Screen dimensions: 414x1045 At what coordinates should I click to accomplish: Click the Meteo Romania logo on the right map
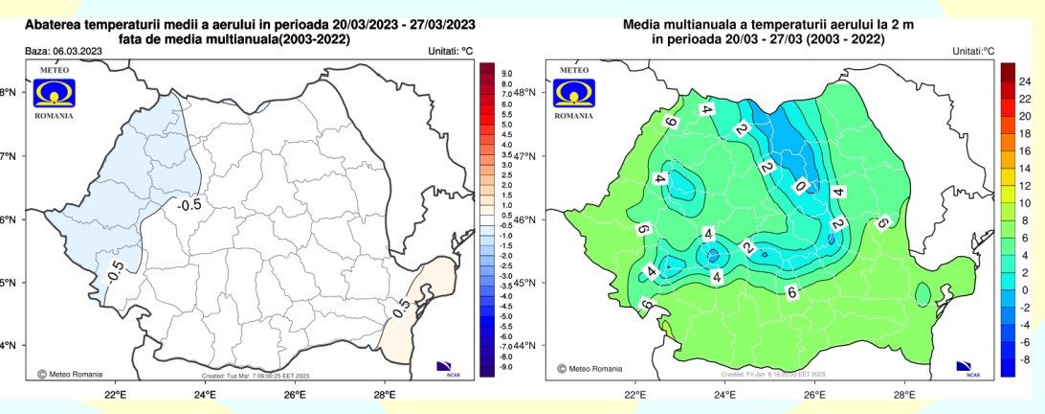pos(575,92)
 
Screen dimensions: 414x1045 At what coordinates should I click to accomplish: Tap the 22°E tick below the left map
pos(116,395)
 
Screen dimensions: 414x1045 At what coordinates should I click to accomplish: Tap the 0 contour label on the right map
pos(800,186)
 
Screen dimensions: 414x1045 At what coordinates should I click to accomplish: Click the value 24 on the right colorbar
pos(1024,82)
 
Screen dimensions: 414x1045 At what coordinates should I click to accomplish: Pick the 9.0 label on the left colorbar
pos(508,73)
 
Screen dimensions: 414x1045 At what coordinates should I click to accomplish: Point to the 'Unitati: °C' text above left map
pos(443,50)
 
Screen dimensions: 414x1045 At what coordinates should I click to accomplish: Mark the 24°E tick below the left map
pos(205,395)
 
